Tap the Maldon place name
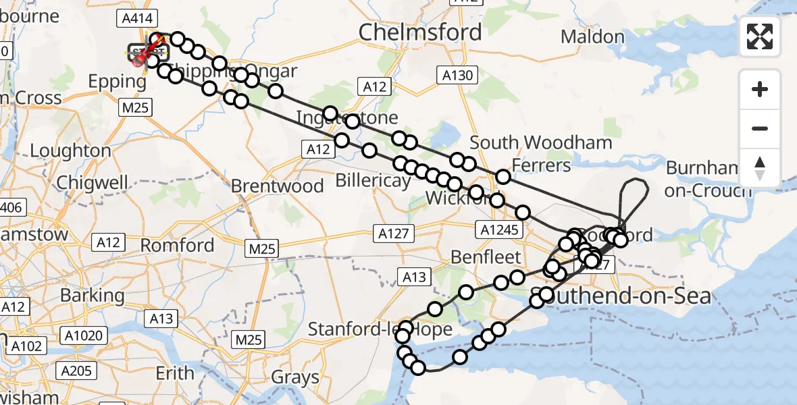pyautogui.click(x=592, y=36)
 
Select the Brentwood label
pyautogui.click(x=277, y=186)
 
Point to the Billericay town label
pyautogui.click(x=374, y=180)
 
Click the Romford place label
pyautogui.click(x=178, y=245)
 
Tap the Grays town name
pyautogui.click(x=295, y=377)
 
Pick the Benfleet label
pyautogui.click(x=486, y=257)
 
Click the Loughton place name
pyautogui.click(x=70, y=151)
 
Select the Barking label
pyautogui.click(x=92, y=295)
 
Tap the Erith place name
pyautogui.click(x=175, y=373)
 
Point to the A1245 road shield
pyautogui.click(x=500, y=230)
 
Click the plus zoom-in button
pyautogui.click(x=760, y=89)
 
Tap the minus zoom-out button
pyautogui.click(x=760, y=128)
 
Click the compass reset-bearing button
pyautogui.click(x=760, y=167)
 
